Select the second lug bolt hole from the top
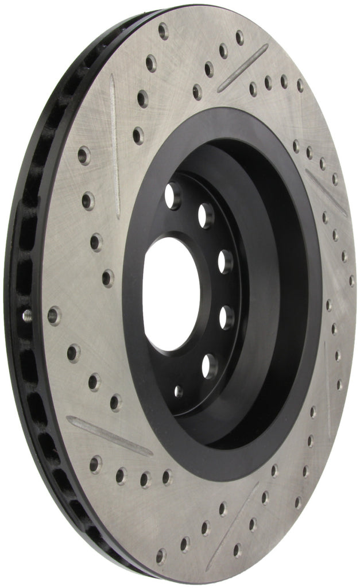tap(206, 215)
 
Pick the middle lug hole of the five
tap(224, 262)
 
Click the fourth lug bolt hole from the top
tap(227, 317)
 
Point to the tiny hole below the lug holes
tap(179, 392)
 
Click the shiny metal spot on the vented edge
tap(27, 315)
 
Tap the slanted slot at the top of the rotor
tap(242, 68)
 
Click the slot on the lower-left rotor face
tap(109, 436)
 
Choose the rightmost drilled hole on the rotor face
tap(352, 281)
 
